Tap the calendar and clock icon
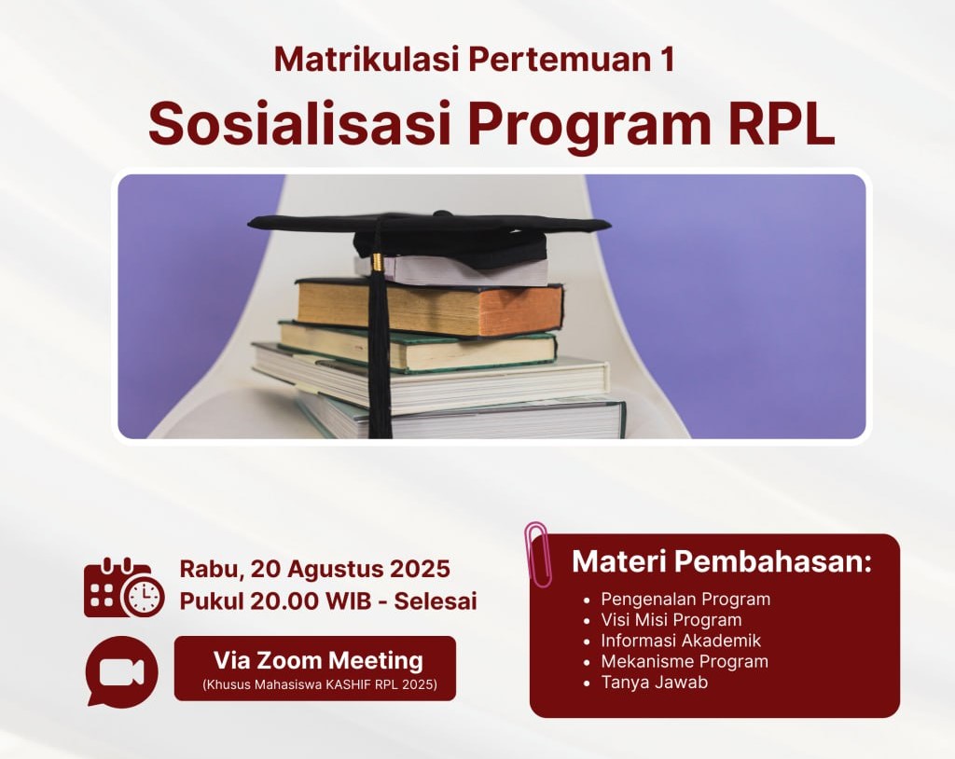click(x=124, y=587)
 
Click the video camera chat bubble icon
click(x=122, y=671)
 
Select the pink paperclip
click(x=538, y=554)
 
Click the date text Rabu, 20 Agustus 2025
click(x=315, y=569)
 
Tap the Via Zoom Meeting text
click(x=318, y=660)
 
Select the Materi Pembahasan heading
click(x=722, y=561)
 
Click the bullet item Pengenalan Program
click(x=685, y=600)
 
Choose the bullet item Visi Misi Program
click(x=671, y=620)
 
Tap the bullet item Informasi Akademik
click(x=681, y=641)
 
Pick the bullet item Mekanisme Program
click(x=685, y=661)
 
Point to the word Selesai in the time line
click(x=436, y=601)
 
